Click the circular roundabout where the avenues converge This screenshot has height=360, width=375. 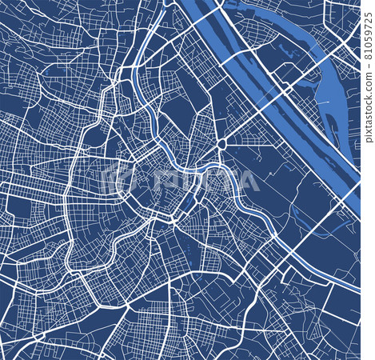pos(221,144)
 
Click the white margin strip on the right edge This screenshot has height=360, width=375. pos(368,240)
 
